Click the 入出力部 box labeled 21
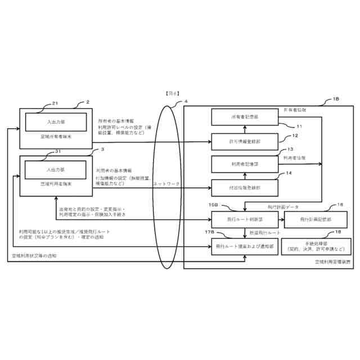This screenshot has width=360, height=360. pyautogui.click(x=56, y=121)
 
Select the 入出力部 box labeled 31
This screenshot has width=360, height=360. pyautogui.click(x=56, y=169)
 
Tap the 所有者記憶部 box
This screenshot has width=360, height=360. pyautogui.click(x=245, y=116)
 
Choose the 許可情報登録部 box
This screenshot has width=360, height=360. pyautogui.click(x=245, y=140)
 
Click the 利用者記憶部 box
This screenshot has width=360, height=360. pyautogui.click(x=245, y=163)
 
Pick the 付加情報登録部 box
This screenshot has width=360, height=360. pyautogui.click(x=245, y=186)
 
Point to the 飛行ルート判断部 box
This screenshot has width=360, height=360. pyautogui.click(x=245, y=219)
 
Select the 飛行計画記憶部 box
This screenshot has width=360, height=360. pyautogui.click(x=312, y=219)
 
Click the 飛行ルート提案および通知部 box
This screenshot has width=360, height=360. pyautogui.click(x=245, y=246)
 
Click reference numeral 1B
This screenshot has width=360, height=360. pyautogui.click(x=336, y=99)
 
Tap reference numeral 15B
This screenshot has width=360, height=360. pyautogui.click(x=213, y=206)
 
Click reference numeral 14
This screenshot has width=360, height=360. pyautogui.click(x=289, y=173)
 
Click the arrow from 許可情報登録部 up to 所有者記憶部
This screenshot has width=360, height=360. pyautogui.click(x=245, y=129)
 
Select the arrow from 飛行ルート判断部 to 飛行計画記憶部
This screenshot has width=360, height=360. pyautogui.click(x=282, y=219)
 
